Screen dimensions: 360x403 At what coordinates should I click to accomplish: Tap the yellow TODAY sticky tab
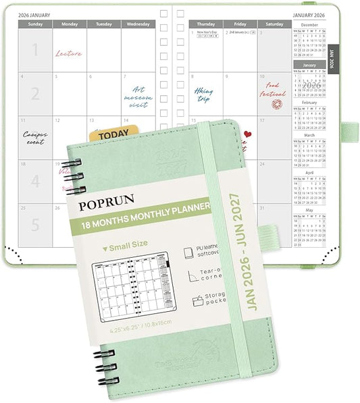(x=113, y=135)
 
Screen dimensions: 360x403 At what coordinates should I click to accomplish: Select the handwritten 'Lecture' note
(x=68, y=53)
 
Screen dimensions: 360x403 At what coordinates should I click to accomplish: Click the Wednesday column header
(x=138, y=24)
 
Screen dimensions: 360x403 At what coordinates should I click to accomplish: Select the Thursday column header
(x=205, y=24)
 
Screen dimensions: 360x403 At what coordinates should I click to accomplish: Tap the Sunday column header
(x=34, y=24)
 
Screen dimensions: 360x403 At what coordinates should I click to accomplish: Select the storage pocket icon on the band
(x=197, y=300)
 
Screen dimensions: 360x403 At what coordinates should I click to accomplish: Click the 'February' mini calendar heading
(x=309, y=103)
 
